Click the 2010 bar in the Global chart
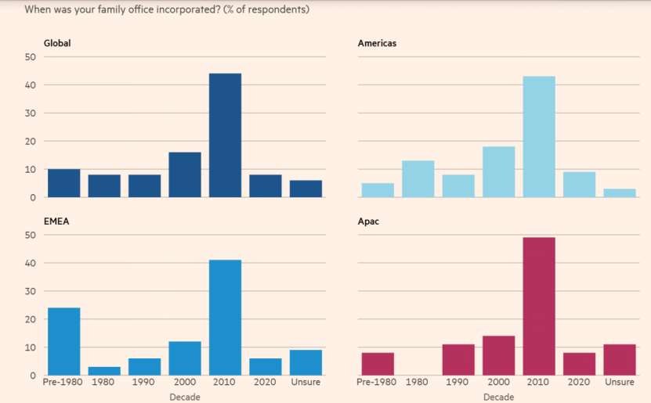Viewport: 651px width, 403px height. coord(225,135)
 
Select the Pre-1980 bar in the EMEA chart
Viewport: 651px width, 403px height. coord(63,341)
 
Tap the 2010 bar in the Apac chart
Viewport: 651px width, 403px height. coord(539,306)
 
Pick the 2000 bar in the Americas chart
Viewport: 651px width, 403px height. coord(498,171)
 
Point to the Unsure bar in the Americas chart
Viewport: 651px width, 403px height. coord(620,193)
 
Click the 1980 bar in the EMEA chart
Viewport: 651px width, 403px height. coord(104,371)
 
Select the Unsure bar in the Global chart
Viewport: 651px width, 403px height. coord(306,189)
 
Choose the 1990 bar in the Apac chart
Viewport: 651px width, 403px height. coord(458,359)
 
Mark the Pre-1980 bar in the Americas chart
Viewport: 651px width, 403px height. coord(378,190)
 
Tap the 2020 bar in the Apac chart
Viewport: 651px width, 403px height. coord(579,364)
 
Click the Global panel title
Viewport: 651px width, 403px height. coord(57,43)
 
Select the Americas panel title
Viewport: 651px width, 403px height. coord(377,43)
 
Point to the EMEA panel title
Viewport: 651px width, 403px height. coord(56,221)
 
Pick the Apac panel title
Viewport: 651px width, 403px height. coord(369,221)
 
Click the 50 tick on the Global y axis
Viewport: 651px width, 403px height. coord(31,57)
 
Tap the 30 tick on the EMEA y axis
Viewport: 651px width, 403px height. coord(31,291)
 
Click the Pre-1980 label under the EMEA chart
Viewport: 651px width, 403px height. coord(63,383)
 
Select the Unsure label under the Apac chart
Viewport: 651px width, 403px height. coord(620,383)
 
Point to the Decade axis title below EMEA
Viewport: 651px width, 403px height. coord(185,397)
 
